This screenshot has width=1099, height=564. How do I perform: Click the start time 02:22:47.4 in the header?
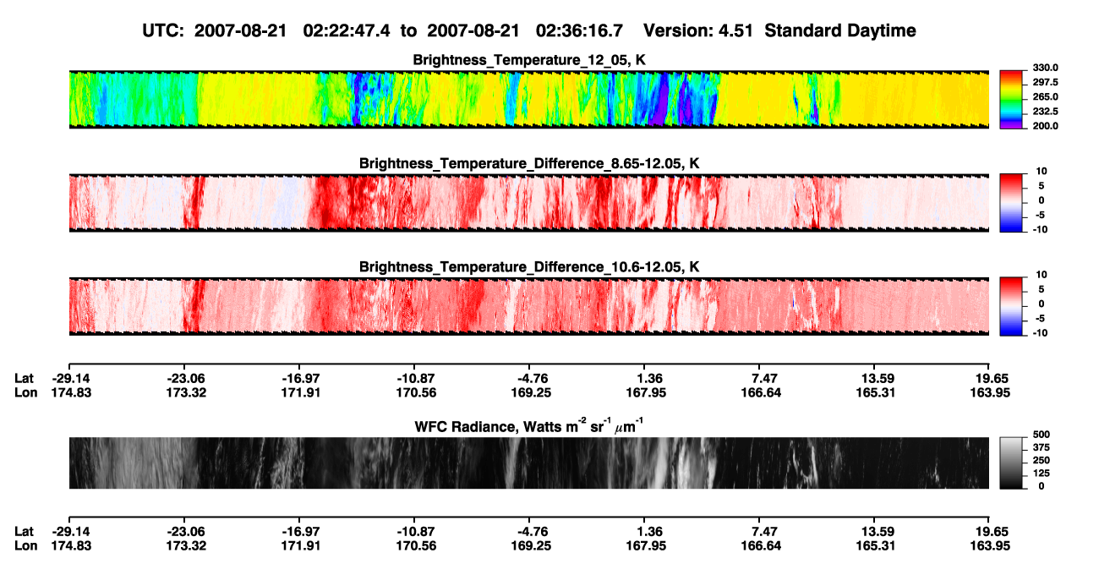coord(347,31)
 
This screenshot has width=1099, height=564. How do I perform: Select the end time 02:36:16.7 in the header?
coord(579,31)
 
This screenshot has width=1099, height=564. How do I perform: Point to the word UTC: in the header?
coord(163,31)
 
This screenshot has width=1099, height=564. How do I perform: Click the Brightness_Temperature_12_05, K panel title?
coord(529,60)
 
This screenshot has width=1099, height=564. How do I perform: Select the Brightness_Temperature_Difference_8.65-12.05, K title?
coord(529,163)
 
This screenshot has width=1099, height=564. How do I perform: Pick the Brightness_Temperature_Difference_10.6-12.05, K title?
coord(529,267)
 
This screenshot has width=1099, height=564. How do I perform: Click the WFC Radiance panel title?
coord(529,426)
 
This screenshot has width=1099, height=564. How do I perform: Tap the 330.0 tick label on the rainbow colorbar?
coord(1045,68)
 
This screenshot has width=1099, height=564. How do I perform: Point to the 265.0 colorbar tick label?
coord(1045,96)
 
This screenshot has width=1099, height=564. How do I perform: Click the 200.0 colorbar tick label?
coord(1045,126)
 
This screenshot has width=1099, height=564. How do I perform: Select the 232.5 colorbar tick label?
coord(1045,112)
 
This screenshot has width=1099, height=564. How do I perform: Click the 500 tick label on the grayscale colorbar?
coord(1042,435)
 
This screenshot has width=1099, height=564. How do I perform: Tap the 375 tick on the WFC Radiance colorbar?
coord(1042,447)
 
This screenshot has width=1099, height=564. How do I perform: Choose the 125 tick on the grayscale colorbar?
coord(1042,474)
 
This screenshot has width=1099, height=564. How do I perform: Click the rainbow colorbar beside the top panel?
coord(1011,100)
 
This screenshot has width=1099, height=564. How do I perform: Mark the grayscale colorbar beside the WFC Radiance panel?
coord(1011,463)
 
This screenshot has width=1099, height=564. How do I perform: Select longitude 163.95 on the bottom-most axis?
coord(990,546)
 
